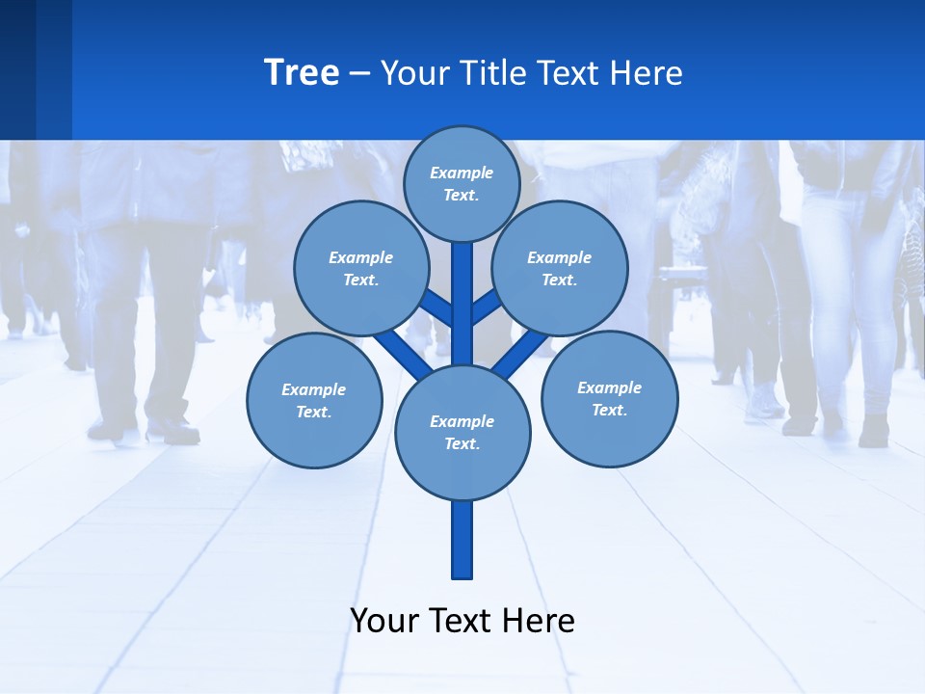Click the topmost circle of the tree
pyautogui.click(x=462, y=183)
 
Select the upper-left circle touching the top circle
pyautogui.click(x=360, y=268)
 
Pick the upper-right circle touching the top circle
pyautogui.click(x=560, y=268)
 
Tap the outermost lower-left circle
pyautogui.click(x=314, y=400)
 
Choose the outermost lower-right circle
pyautogui.click(x=609, y=398)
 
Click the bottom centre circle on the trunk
pyautogui.click(x=462, y=433)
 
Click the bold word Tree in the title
pyautogui.click(x=302, y=72)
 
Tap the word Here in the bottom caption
pyautogui.click(x=539, y=621)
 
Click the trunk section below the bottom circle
pyautogui.click(x=462, y=540)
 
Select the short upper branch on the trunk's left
pyautogui.click(x=438, y=308)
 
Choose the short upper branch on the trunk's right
pyautogui.click(x=487, y=307)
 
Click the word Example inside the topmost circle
pyautogui.click(x=462, y=173)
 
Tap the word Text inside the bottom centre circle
pyautogui.click(x=462, y=444)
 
